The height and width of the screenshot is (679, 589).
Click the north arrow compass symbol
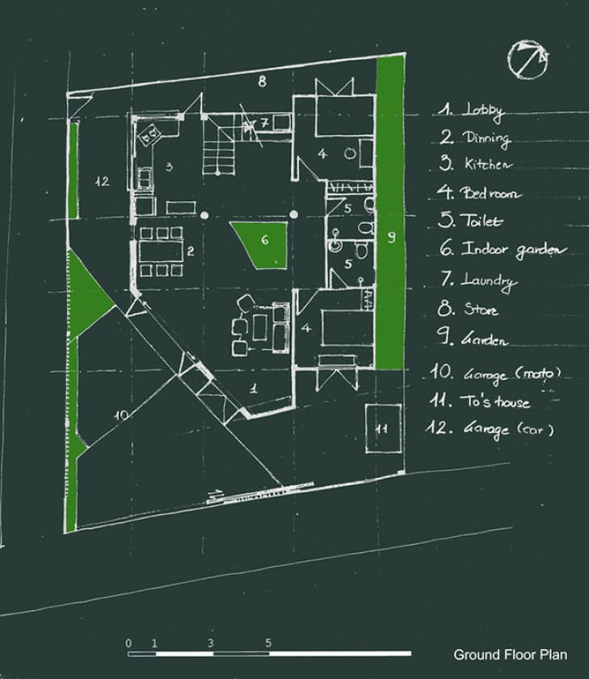(x=528, y=59)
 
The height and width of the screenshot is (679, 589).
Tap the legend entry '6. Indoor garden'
(x=503, y=249)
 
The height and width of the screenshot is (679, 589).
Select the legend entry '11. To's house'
(x=479, y=401)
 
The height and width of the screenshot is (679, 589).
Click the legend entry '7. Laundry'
(x=478, y=280)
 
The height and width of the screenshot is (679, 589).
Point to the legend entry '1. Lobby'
(x=471, y=111)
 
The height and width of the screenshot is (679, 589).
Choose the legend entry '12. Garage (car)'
(x=490, y=428)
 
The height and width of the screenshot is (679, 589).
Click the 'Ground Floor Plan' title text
(x=511, y=654)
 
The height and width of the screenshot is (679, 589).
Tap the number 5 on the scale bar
(x=268, y=643)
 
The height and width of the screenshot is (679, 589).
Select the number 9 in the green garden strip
(x=391, y=237)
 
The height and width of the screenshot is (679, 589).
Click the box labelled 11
(x=383, y=428)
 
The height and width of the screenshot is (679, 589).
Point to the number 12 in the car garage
(x=102, y=181)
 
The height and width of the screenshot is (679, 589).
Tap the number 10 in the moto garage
(x=122, y=415)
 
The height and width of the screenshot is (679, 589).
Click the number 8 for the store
(x=263, y=81)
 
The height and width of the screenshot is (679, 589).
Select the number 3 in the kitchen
(x=169, y=167)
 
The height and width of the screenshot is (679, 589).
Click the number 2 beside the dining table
(x=191, y=251)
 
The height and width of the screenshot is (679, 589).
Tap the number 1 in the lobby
(x=254, y=388)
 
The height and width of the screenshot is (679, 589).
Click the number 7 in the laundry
(x=264, y=123)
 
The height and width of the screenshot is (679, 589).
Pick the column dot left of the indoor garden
(x=204, y=215)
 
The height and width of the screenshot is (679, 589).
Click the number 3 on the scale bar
(x=210, y=643)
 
